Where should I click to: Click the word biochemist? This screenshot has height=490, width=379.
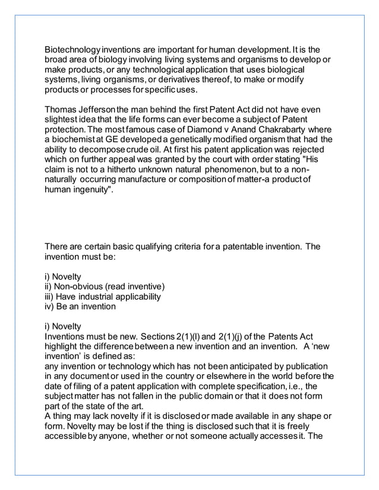click(74, 141)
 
